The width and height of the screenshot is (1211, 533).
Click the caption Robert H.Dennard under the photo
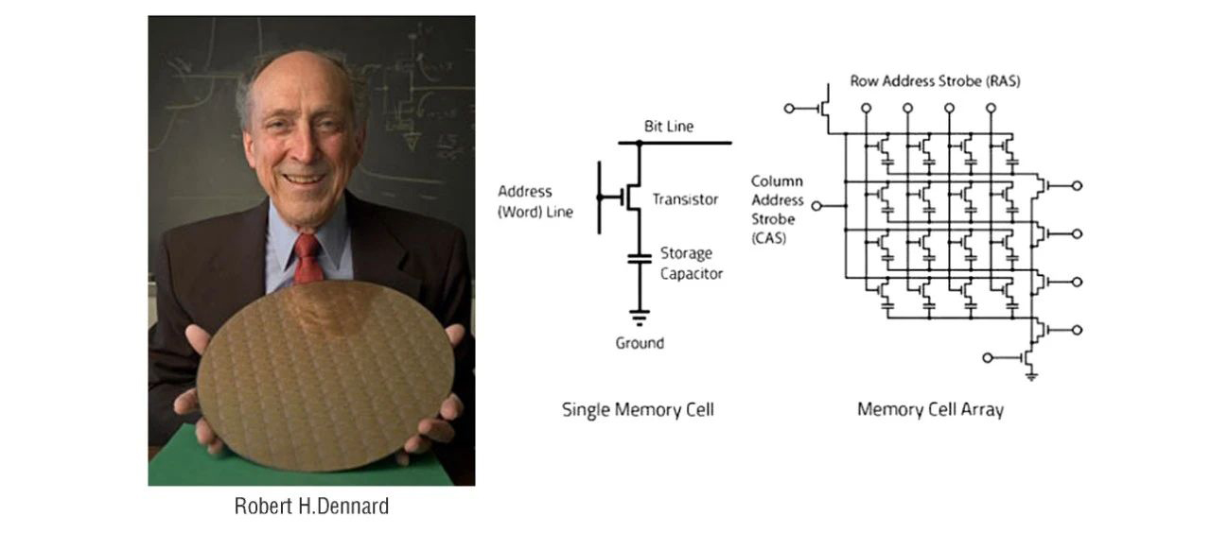(311, 507)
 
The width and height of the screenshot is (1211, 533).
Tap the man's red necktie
(307, 259)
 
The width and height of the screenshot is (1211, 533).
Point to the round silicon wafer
(325, 375)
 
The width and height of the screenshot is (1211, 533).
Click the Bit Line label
(669, 127)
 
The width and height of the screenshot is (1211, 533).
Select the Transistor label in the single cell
(686, 199)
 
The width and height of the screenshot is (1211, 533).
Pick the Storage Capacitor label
(692, 264)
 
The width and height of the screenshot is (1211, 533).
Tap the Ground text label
(640, 343)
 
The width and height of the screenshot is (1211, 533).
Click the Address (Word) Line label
(535, 201)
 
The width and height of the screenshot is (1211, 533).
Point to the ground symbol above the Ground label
(640, 318)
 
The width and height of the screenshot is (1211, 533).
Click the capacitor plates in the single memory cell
(640, 259)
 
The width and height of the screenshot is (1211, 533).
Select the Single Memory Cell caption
(638, 410)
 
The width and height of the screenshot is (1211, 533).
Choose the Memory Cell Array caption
(930, 409)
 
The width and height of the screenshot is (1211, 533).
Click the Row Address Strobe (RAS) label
(936, 81)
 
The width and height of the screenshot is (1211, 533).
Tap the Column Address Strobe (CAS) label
(778, 210)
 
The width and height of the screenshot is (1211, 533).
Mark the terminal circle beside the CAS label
(816, 206)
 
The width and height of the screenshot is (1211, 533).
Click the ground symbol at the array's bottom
(1031, 376)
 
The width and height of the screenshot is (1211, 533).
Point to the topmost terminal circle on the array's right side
(1077, 186)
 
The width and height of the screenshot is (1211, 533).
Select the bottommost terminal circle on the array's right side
(1077, 330)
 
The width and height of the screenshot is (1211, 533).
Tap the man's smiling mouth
(304, 178)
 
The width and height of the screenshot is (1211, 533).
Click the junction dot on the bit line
(640, 143)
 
